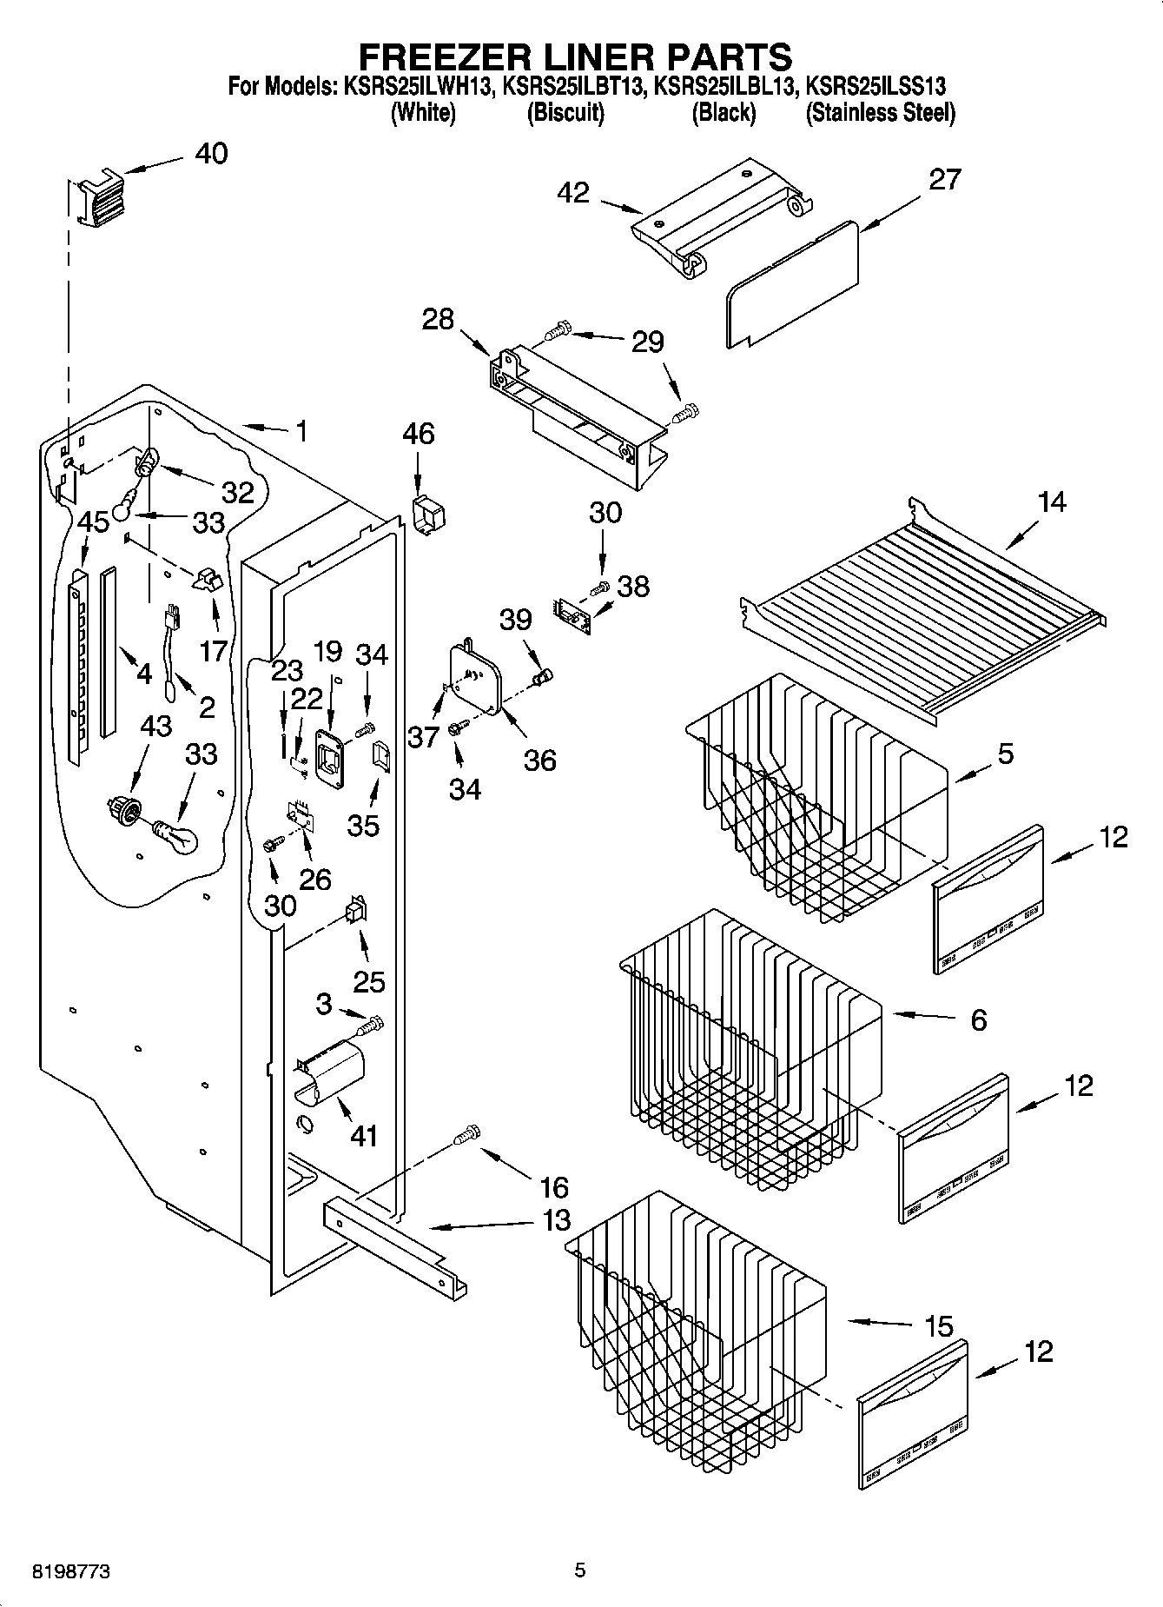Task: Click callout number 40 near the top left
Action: coord(211,154)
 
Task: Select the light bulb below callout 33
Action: coord(177,836)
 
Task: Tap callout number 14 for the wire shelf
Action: coord(1051,502)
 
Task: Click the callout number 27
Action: coord(945,179)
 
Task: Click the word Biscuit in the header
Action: coord(565,113)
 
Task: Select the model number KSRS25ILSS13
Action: coord(876,86)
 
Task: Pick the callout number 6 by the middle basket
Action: coord(978,1019)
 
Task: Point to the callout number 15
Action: coord(939,1327)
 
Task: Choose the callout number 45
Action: coord(93,521)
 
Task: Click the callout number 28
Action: coord(438,319)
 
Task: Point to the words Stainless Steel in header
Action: coord(880,113)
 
